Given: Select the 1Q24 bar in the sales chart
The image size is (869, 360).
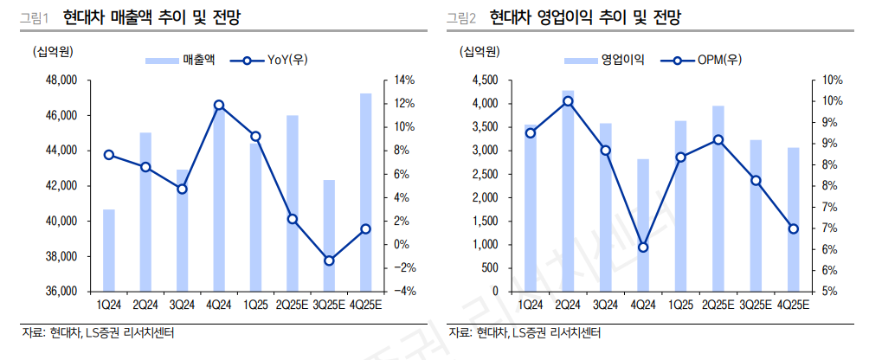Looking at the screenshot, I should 109,250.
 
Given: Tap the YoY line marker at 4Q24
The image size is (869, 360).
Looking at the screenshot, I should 219,105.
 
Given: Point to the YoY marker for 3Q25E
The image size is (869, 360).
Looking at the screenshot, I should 329,260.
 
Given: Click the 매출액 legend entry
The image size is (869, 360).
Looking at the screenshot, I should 180,60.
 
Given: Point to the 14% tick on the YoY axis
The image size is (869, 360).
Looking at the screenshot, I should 405,80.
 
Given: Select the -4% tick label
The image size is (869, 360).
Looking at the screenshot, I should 403,292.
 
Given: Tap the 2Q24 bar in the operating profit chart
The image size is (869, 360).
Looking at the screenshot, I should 568,190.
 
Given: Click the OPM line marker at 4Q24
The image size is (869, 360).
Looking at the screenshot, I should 643,247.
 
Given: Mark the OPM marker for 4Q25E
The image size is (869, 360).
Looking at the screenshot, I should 794,228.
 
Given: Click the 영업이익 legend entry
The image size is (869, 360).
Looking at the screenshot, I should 603,60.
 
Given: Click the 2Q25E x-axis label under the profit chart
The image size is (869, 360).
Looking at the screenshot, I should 718,305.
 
